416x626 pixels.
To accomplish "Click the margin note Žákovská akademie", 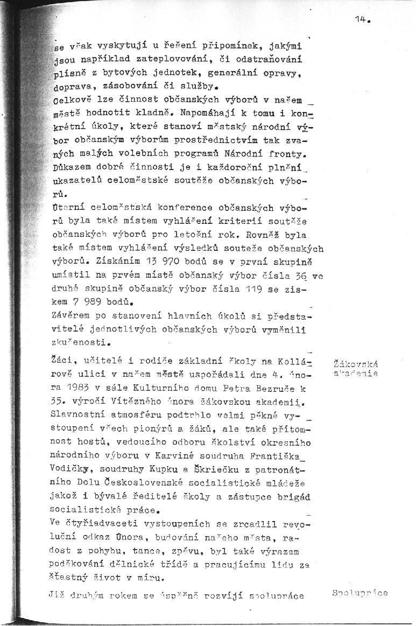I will click(x=356, y=367).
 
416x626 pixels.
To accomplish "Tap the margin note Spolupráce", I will click(x=359, y=593).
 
